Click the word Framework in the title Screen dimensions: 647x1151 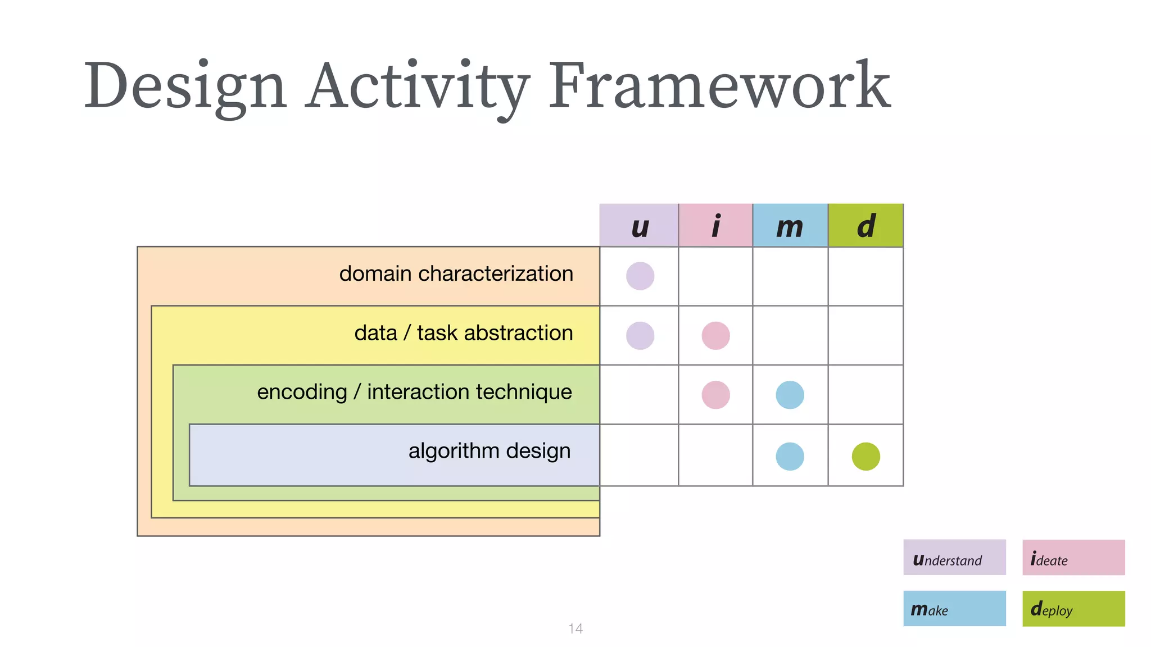(719, 85)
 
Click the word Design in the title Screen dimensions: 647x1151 (185, 85)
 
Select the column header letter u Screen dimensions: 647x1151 (639, 226)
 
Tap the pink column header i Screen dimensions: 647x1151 (715, 226)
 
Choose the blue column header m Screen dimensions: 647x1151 (790, 226)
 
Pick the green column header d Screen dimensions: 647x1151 (865, 226)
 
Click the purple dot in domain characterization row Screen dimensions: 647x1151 (640, 276)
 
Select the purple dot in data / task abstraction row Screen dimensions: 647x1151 (640, 336)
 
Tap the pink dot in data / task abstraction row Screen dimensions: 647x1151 (715, 336)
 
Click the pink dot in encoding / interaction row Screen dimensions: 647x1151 (715, 395)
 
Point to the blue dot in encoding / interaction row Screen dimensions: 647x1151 (790, 395)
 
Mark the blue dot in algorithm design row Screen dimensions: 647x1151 (790, 456)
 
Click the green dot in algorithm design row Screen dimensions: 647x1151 (865, 456)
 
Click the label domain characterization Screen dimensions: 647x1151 (456, 274)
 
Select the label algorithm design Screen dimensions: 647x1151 (489, 451)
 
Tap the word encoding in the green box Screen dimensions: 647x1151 (302, 392)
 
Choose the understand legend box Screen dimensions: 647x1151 (954, 557)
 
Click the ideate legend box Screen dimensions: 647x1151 (1073, 557)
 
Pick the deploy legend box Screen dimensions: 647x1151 (1073, 608)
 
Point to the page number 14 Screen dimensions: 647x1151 (575, 628)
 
